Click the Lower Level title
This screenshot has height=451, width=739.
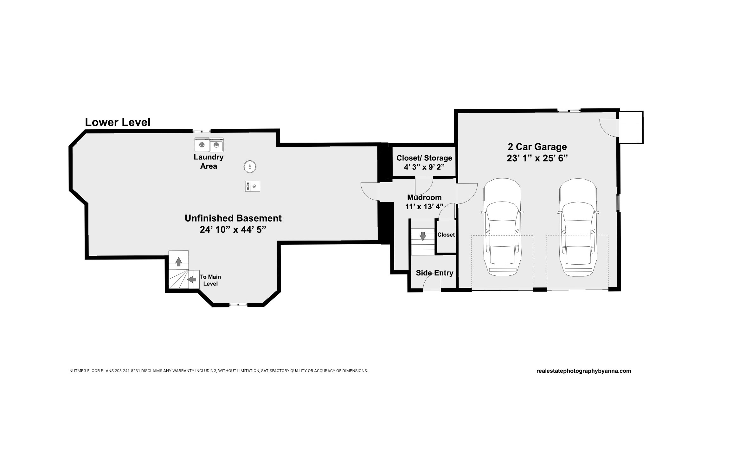pyautogui.click(x=118, y=122)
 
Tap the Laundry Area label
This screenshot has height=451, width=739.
pyautogui.click(x=209, y=162)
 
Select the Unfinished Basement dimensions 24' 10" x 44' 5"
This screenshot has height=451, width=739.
pyautogui.click(x=233, y=230)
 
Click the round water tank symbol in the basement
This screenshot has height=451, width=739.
pyautogui.click(x=250, y=167)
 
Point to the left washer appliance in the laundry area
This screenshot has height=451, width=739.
pyautogui.click(x=202, y=145)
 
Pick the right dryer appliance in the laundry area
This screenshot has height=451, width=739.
pyautogui.click(x=216, y=145)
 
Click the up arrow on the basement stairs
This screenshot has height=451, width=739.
pyautogui.click(x=178, y=261)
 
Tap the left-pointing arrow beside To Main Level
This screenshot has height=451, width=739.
pyautogui.click(x=192, y=279)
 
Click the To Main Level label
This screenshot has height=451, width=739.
pyautogui.click(x=210, y=280)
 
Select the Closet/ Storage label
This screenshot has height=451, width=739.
pyautogui.click(x=424, y=158)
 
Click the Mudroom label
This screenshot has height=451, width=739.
pyautogui.click(x=424, y=197)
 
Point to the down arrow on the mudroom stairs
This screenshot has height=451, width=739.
pyautogui.click(x=423, y=236)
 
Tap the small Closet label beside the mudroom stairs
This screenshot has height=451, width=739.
pyautogui.click(x=446, y=235)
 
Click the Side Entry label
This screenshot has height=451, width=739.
pyautogui.click(x=434, y=273)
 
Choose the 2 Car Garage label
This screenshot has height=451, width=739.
pyautogui.click(x=537, y=147)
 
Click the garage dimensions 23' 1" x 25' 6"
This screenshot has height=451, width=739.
pyautogui.click(x=537, y=158)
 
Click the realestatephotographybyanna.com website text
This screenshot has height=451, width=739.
pyautogui.click(x=584, y=371)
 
